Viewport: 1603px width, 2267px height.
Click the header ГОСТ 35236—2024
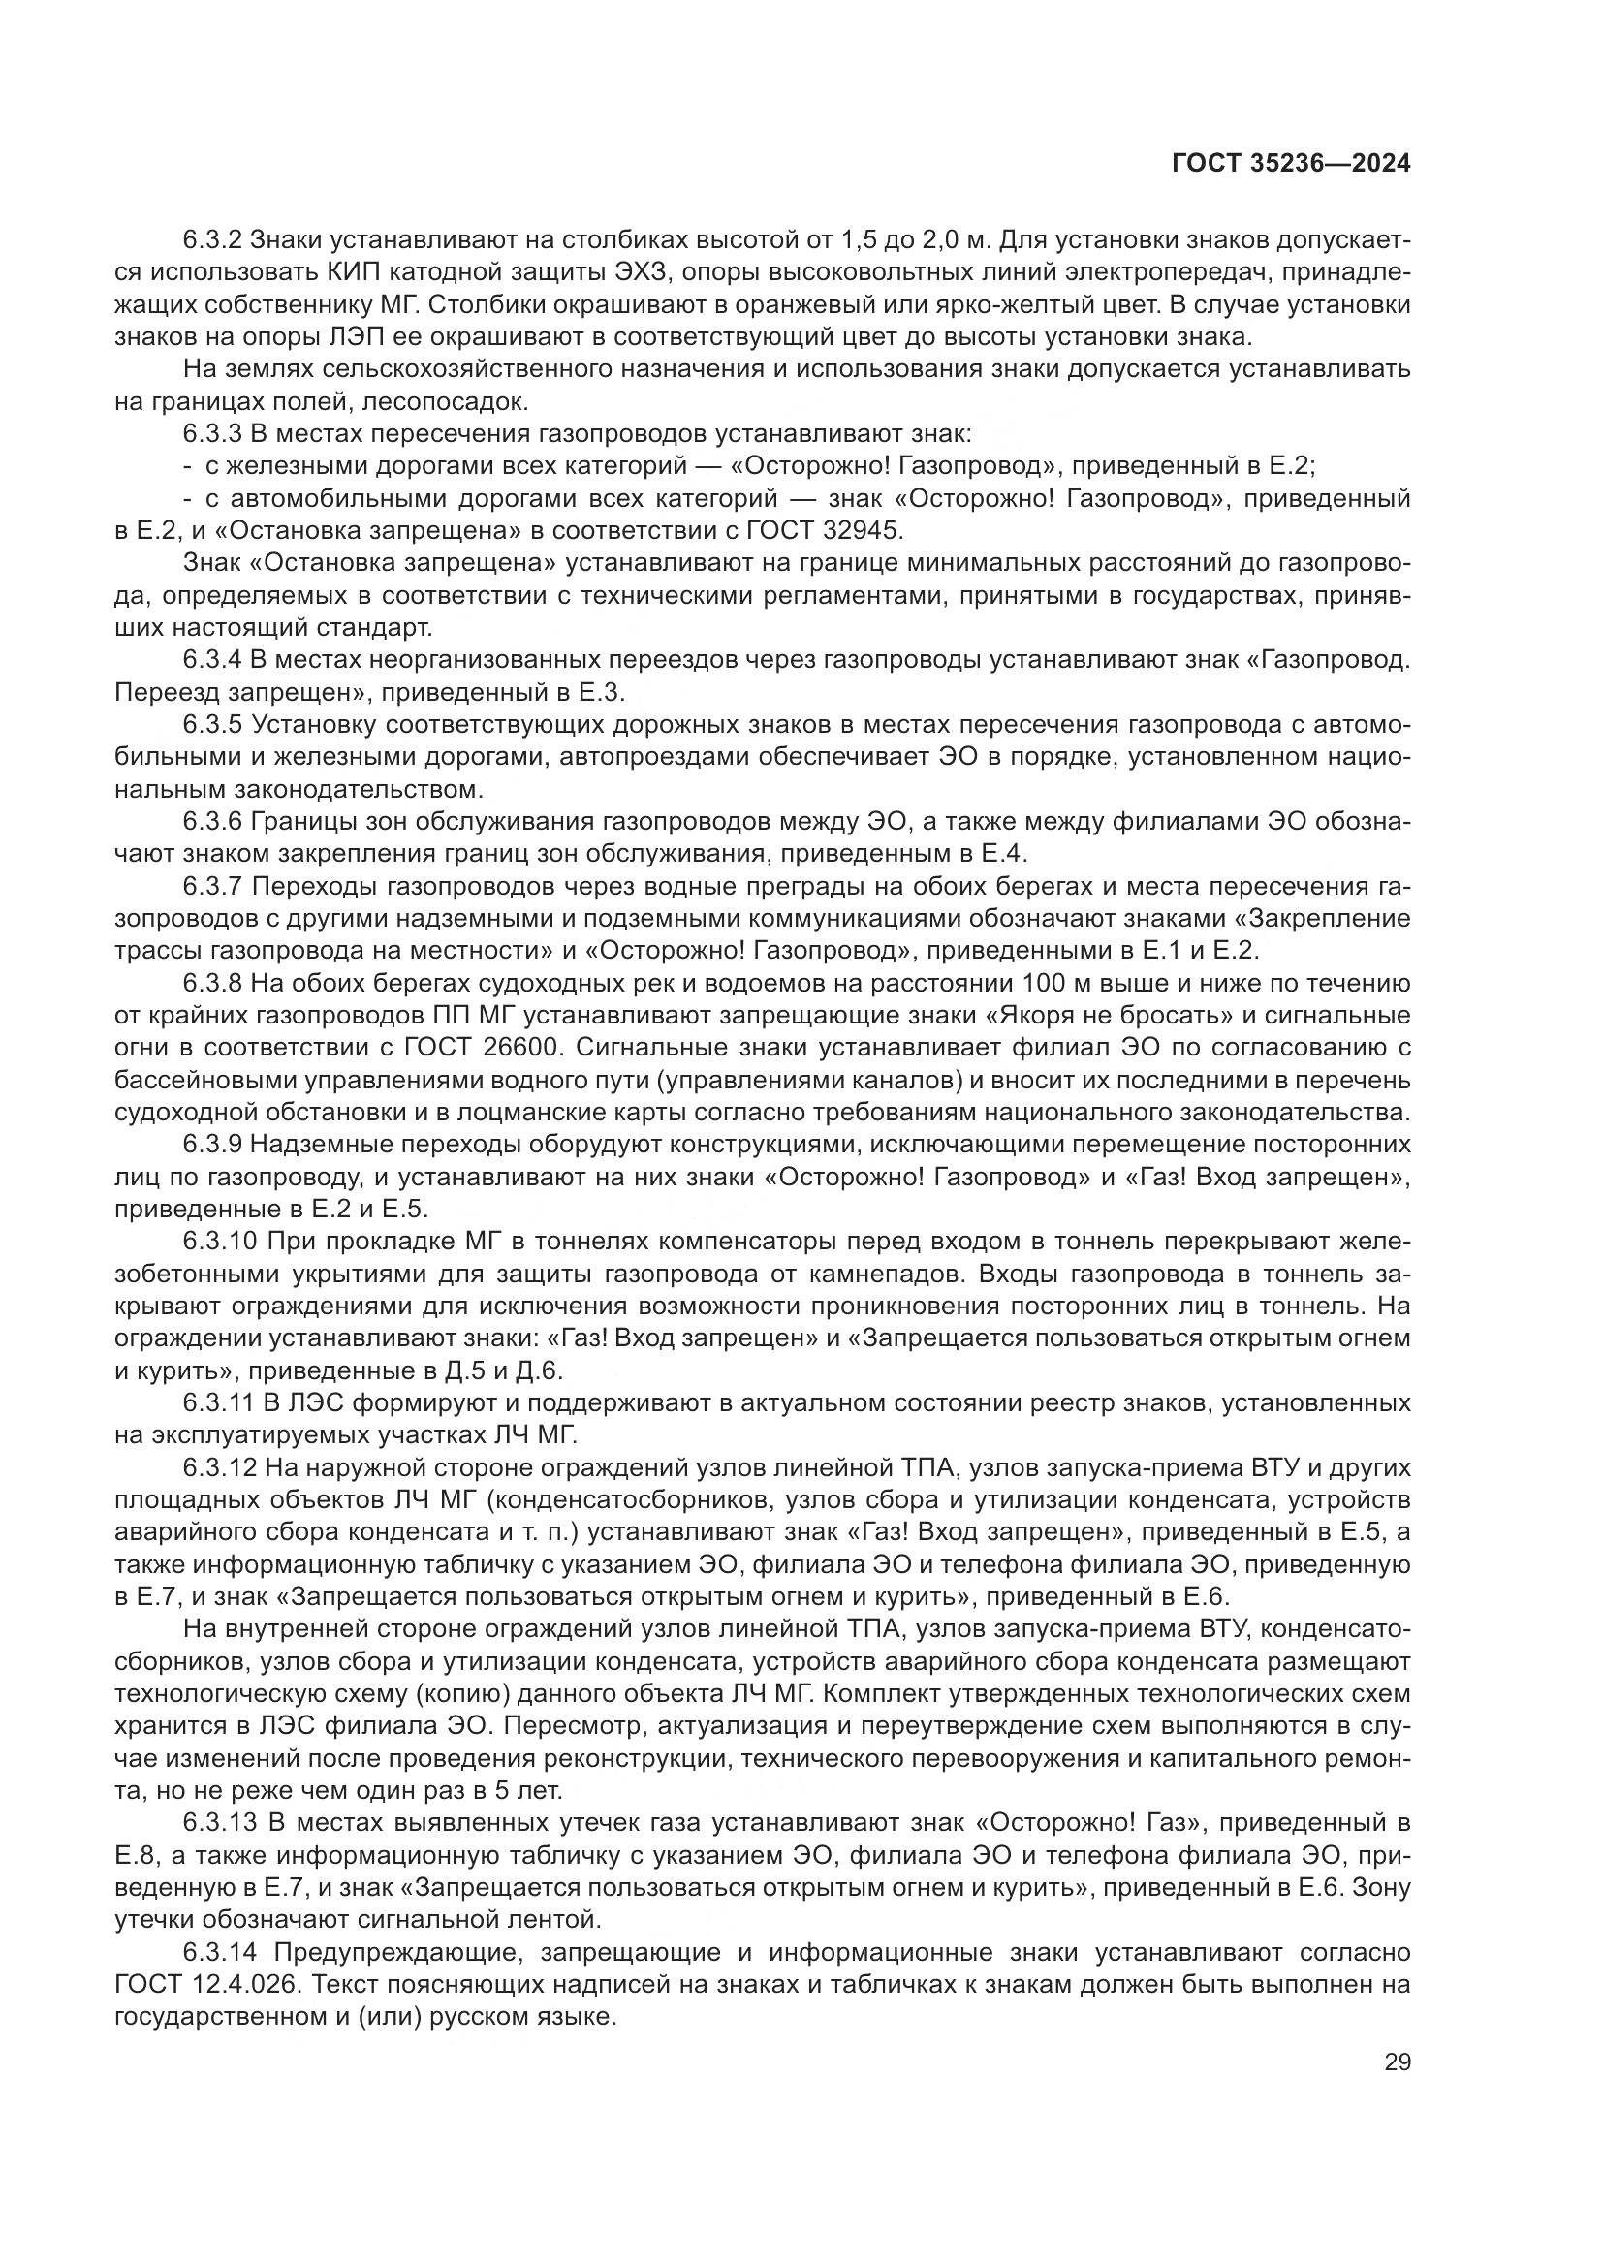(1291, 164)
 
